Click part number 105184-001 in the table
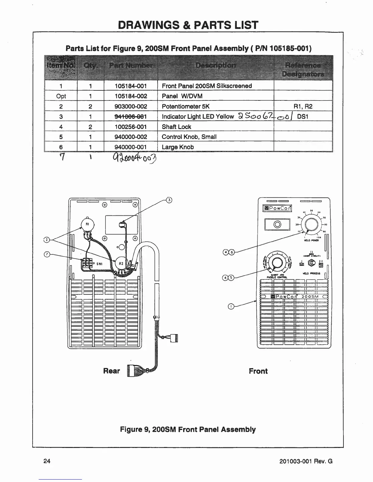130,86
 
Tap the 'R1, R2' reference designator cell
304,106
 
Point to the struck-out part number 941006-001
130,117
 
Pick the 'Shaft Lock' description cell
176,127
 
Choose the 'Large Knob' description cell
178,147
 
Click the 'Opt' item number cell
61,96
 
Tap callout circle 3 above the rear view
169,200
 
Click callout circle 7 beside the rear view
47,254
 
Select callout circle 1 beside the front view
231,307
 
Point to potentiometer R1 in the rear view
87,225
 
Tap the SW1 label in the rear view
99,264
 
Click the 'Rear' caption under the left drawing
112,371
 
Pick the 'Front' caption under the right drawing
258,371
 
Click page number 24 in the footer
47,461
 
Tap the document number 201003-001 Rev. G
306,461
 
